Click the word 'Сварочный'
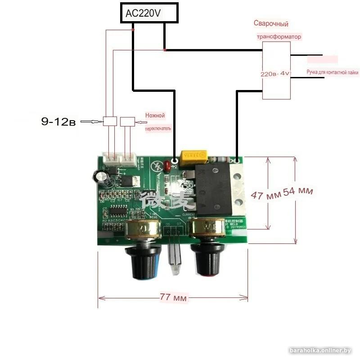click(271, 24)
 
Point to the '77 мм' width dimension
click(173, 297)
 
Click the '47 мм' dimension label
click(266, 194)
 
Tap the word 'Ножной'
click(155, 116)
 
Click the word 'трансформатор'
click(279, 37)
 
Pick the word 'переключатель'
click(157, 128)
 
